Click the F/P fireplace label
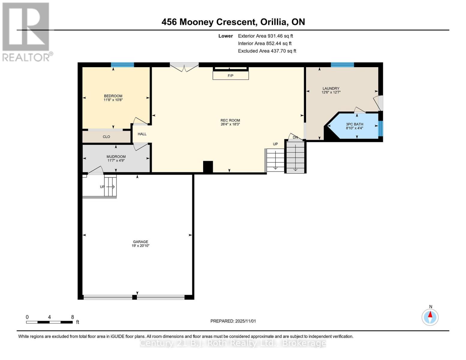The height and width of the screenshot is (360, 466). [x=230, y=76]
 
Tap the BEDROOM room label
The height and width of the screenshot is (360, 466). [x=113, y=96]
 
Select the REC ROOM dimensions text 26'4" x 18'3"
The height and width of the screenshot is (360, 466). [x=230, y=124]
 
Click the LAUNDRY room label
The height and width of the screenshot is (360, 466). [x=331, y=88]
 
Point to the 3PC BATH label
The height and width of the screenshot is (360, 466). [x=354, y=124]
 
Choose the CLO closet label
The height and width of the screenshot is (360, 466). [x=106, y=137]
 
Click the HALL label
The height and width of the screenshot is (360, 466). [x=142, y=134]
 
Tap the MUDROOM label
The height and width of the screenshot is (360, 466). [x=116, y=157]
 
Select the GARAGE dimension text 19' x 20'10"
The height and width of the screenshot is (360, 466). [x=140, y=246]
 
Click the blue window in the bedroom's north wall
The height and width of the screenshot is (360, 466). [x=122, y=64]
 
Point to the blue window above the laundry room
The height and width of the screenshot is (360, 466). [x=342, y=64]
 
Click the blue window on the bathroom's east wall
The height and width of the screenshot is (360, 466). [x=380, y=128]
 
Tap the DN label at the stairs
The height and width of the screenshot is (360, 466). [x=295, y=137]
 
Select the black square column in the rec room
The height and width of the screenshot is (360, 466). [x=208, y=167]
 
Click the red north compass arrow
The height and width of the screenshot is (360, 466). [x=430, y=315]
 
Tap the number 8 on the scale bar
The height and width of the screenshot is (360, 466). [x=72, y=317]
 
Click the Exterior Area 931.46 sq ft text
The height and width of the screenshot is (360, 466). [x=265, y=36]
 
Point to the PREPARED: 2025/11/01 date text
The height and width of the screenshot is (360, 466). [x=233, y=321]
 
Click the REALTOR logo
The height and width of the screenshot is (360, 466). [x=26, y=31]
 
